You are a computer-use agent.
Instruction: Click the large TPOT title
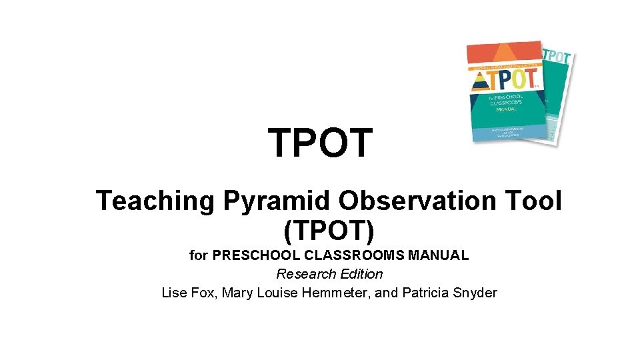pyautogui.click(x=320, y=143)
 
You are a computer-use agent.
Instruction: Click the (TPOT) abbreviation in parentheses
pyautogui.click(x=329, y=231)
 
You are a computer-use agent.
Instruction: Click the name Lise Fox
pyautogui.click(x=187, y=293)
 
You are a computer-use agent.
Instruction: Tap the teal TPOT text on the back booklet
pyautogui.click(x=558, y=57)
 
